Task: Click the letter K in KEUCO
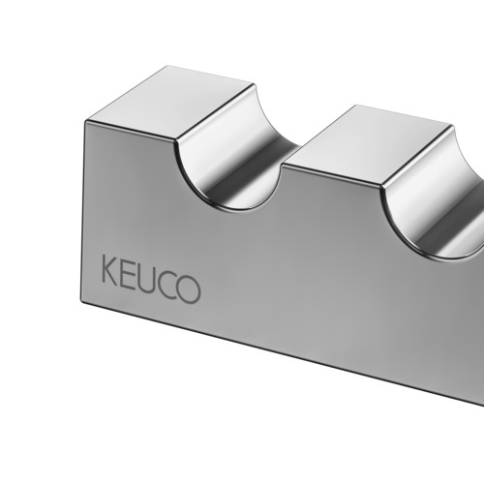point(110,269)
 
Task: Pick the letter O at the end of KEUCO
point(188,289)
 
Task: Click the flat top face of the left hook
point(171,103)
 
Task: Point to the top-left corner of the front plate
point(85,121)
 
